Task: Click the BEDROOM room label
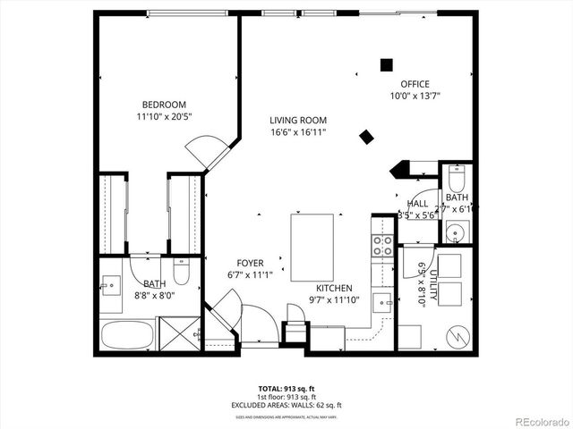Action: click(x=162, y=104)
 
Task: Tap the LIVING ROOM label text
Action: click(x=298, y=120)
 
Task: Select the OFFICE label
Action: click(x=415, y=84)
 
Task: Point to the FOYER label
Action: click(x=251, y=264)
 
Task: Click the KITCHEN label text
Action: click(x=333, y=289)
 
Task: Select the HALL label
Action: click(x=417, y=204)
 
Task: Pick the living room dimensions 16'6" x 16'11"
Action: click(x=298, y=132)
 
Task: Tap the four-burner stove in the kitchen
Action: click(x=383, y=246)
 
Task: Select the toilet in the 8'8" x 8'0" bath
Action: click(x=181, y=270)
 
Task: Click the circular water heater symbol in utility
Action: click(x=458, y=336)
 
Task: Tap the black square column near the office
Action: click(x=386, y=64)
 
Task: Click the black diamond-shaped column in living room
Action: click(x=366, y=137)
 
